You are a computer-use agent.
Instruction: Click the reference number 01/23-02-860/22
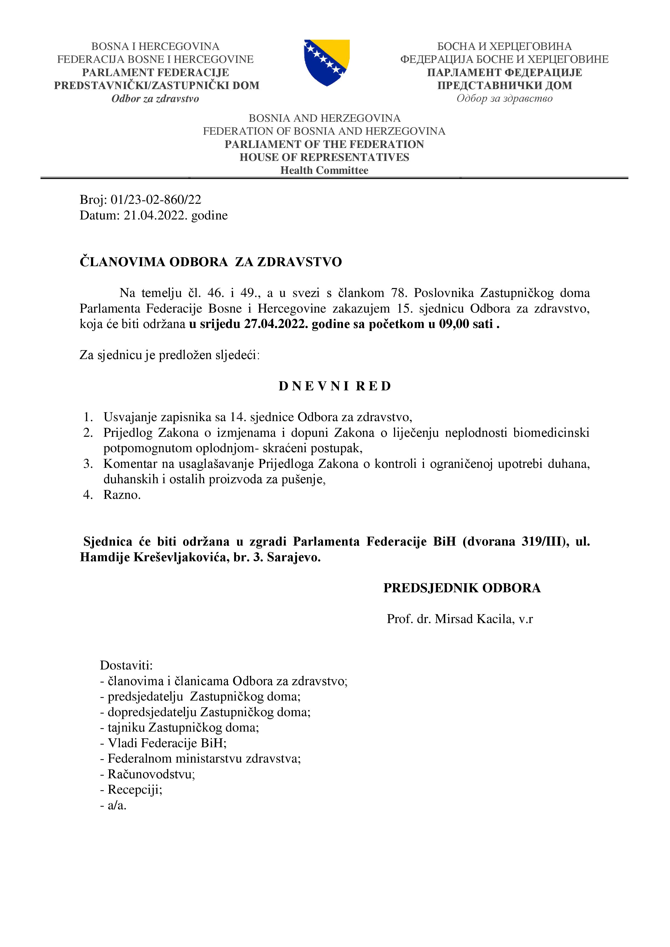click(156, 199)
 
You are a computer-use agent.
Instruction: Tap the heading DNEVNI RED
click(335, 386)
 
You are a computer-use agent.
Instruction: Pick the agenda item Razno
click(122, 495)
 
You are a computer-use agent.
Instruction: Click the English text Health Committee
click(324, 170)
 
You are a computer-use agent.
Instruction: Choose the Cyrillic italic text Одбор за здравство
click(504, 99)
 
